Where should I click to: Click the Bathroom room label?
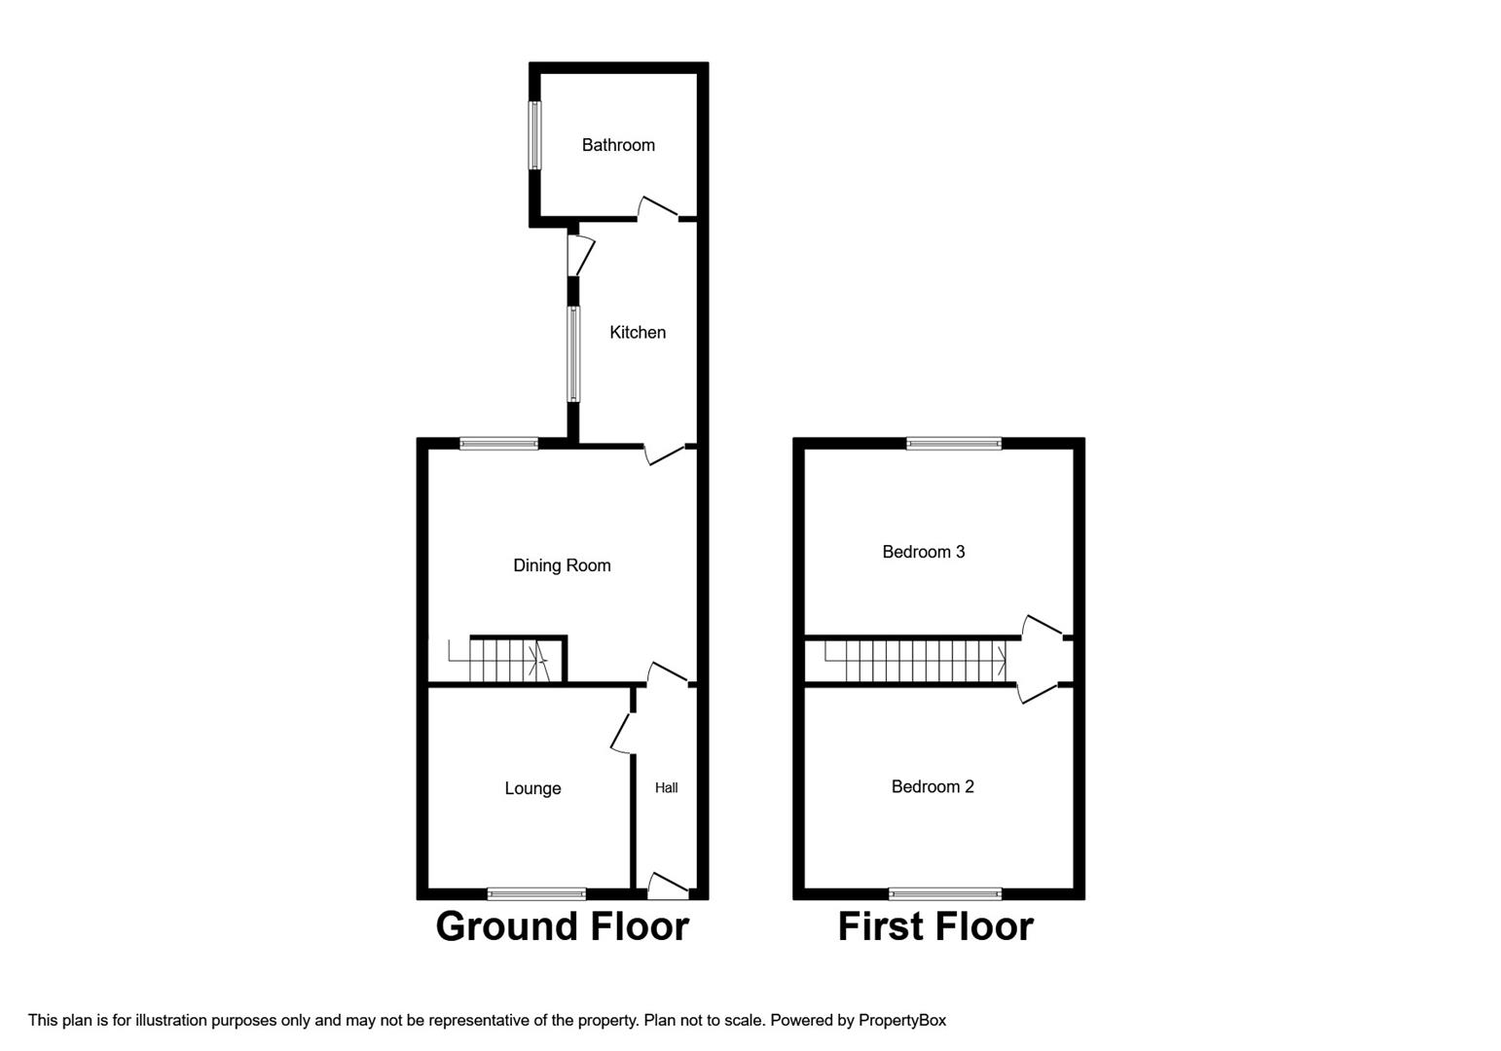[618, 145]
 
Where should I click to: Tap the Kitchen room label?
[638, 333]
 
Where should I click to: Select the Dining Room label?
[562, 565]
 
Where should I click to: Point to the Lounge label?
[532, 788]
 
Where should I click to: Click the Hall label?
[667, 787]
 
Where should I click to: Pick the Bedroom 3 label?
[923, 552]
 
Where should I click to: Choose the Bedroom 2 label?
[932, 786]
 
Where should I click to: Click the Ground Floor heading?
[562, 926]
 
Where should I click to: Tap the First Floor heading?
[935, 926]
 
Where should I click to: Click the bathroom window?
[534, 134]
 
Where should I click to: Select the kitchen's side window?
[573, 354]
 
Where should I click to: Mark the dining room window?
[498, 444]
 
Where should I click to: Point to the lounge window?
[536, 893]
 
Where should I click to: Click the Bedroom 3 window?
[953, 444]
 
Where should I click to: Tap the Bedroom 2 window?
[944, 893]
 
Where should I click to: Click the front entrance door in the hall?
[668, 884]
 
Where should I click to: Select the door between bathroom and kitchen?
[658, 208]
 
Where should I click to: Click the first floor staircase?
[915, 662]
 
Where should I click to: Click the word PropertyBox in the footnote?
[901, 1020]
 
